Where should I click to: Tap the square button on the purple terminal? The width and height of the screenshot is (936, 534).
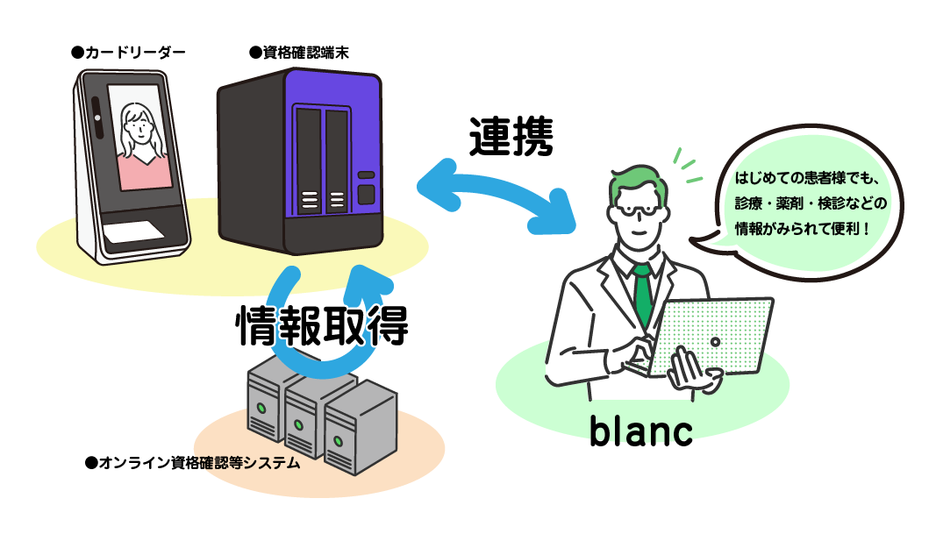click(x=367, y=194)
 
